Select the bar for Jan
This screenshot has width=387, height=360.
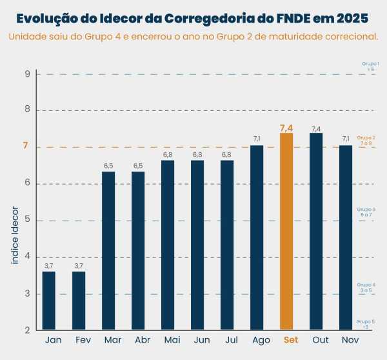(x=49, y=301)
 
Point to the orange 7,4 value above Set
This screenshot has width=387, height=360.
(x=286, y=128)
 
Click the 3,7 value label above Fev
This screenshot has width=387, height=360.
(x=79, y=266)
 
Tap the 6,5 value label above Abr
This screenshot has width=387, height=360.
(x=138, y=166)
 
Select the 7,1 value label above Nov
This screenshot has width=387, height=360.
(x=346, y=139)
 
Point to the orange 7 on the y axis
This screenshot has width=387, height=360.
(x=26, y=146)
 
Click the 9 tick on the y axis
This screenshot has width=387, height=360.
(x=28, y=74)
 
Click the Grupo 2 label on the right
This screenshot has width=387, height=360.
(x=366, y=138)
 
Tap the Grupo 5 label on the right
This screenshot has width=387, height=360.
(x=365, y=321)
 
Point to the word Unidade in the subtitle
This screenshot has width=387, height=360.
(x=28, y=36)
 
